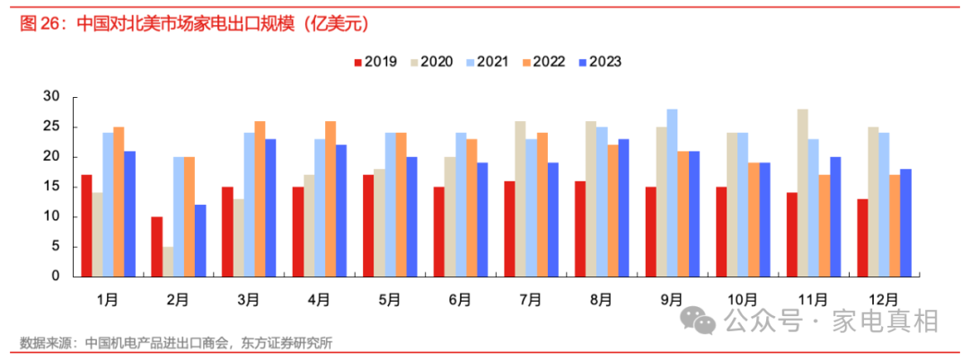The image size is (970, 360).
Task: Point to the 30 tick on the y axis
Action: click(x=51, y=97)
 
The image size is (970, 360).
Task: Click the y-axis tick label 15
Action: click(x=51, y=187)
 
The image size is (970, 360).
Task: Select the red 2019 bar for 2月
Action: click(x=157, y=246)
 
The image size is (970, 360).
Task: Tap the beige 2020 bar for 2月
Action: click(x=168, y=261)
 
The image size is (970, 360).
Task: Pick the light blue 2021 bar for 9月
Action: click(x=672, y=192)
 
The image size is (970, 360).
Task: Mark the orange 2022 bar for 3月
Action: click(x=260, y=198)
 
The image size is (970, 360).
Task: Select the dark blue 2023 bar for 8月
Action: click(x=623, y=207)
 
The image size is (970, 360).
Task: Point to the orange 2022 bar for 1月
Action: click(x=119, y=201)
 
